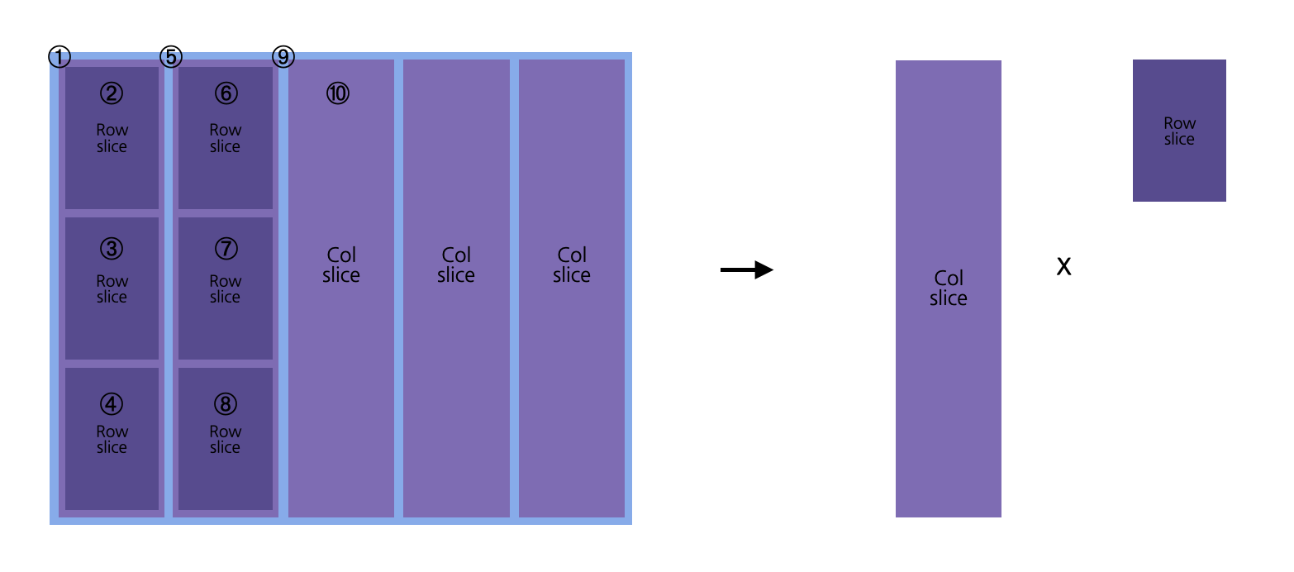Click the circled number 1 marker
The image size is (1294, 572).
click(x=59, y=57)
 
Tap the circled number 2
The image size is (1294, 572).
click(x=112, y=93)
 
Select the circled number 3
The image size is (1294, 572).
click(x=112, y=248)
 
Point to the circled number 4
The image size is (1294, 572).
click(x=112, y=403)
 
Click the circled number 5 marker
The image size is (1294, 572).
click(x=171, y=57)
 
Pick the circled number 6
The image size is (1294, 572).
click(x=226, y=93)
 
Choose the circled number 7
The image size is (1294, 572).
click(x=226, y=248)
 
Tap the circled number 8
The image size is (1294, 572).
click(x=226, y=403)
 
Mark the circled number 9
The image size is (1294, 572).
click(x=283, y=57)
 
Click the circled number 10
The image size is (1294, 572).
click(x=338, y=93)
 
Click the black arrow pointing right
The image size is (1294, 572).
click(x=747, y=269)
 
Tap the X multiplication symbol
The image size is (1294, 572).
click(x=1064, y=266)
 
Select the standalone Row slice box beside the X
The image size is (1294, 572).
click(x=1179, y=131)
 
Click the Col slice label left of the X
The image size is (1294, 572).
click(x=949, y=288)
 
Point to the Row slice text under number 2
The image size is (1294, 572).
click(x=112, y=138)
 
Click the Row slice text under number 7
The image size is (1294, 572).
click(x=226, y=289)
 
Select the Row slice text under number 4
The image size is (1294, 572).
click(x=112, y=440)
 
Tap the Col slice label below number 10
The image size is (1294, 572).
click(x=341, y=265)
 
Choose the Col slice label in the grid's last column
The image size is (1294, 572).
click(x=572, y=265)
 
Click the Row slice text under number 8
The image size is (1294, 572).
click(x=226, y=440)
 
